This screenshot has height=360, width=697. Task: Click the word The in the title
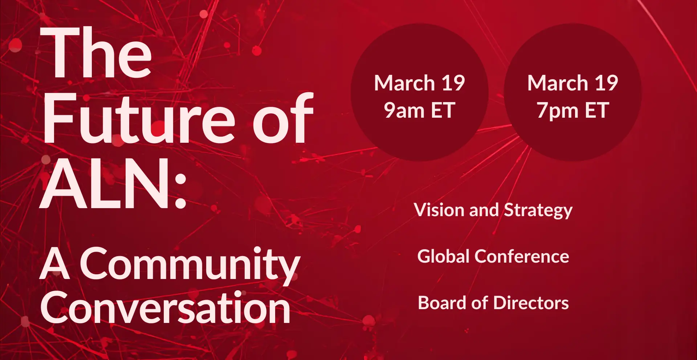(96, 52)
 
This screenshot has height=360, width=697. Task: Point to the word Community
(190, 266)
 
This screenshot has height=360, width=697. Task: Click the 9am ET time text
(420, 110)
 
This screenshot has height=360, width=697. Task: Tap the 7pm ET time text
(573, 111)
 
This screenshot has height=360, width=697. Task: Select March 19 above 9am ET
(420, 83)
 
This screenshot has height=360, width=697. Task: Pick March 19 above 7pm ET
(573, 83)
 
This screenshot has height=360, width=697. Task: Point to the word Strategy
(538, 211)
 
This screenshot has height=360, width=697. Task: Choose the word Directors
(531, 303)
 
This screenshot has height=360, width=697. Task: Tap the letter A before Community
(54, 264)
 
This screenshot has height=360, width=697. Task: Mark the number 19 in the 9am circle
(453, 83)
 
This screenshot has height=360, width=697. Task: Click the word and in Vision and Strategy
(484, 210)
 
